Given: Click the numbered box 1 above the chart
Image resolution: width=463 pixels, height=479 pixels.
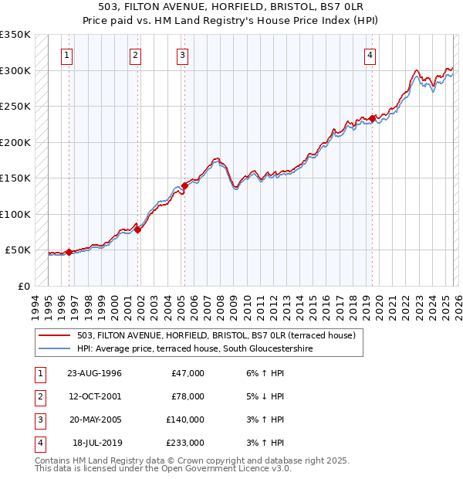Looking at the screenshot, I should pyautogui.click(x=69, y=55).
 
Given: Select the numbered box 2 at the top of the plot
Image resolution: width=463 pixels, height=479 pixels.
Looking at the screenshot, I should pyautogui.click(x=135, y=55).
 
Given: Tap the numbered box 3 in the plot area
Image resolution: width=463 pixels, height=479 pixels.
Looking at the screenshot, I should pyautogui.click(x=183, y=55).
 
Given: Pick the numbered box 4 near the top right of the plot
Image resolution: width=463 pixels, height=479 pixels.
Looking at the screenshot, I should pyautogui.click(x=371, y=55).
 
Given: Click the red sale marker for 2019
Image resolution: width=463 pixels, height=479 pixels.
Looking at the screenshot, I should pyautogui.click(x=372, y=118).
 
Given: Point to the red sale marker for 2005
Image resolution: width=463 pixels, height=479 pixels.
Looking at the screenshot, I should pyautogui.click(x=184, y=185).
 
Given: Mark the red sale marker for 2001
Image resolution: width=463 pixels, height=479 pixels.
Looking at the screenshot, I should pyautogui.click(x=137, y=229).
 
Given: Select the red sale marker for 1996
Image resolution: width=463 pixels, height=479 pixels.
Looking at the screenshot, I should pyautogui.click(x=69, y=252).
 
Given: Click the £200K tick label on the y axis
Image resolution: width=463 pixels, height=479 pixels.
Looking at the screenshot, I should pyautogui.click(x=15, y=142).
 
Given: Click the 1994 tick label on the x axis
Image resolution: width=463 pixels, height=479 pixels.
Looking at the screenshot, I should pyautogui.click(x=35, y=307).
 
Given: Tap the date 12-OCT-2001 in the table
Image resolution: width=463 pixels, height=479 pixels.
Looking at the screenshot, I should pyautogui.click(x=95, y=396).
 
